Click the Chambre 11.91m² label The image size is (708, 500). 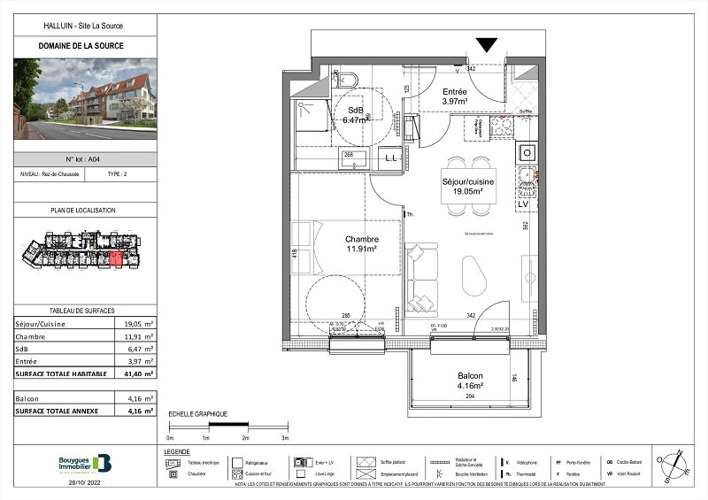(x=361, y=244)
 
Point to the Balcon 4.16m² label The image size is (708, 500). (x=469, y=381)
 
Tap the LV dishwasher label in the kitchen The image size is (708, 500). (x=523, y=204)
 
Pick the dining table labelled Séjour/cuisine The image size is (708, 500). (x=468, y=186)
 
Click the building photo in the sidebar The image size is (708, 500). (x=85, y=99)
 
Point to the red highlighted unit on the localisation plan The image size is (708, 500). (x=114, y=258)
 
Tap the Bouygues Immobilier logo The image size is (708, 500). (x=85, y=463)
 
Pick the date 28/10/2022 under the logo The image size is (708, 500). (x=85, y=482)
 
